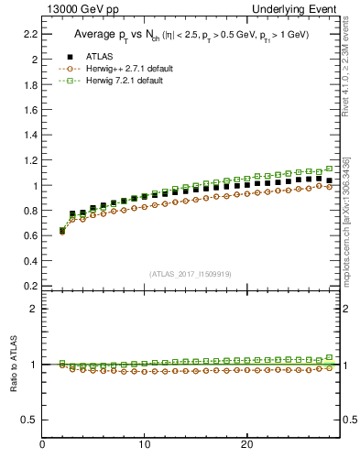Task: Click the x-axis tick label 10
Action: pyautogui.click(x=144, y=445)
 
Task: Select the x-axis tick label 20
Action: pyautogui.click(x=245, y=445)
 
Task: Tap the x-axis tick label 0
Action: pyautogui.click(x=42, y=445)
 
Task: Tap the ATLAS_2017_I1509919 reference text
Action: pyautogui.click(x=190, y=274)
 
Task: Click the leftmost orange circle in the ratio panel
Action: pyautogui.click(x=62, y=365)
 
